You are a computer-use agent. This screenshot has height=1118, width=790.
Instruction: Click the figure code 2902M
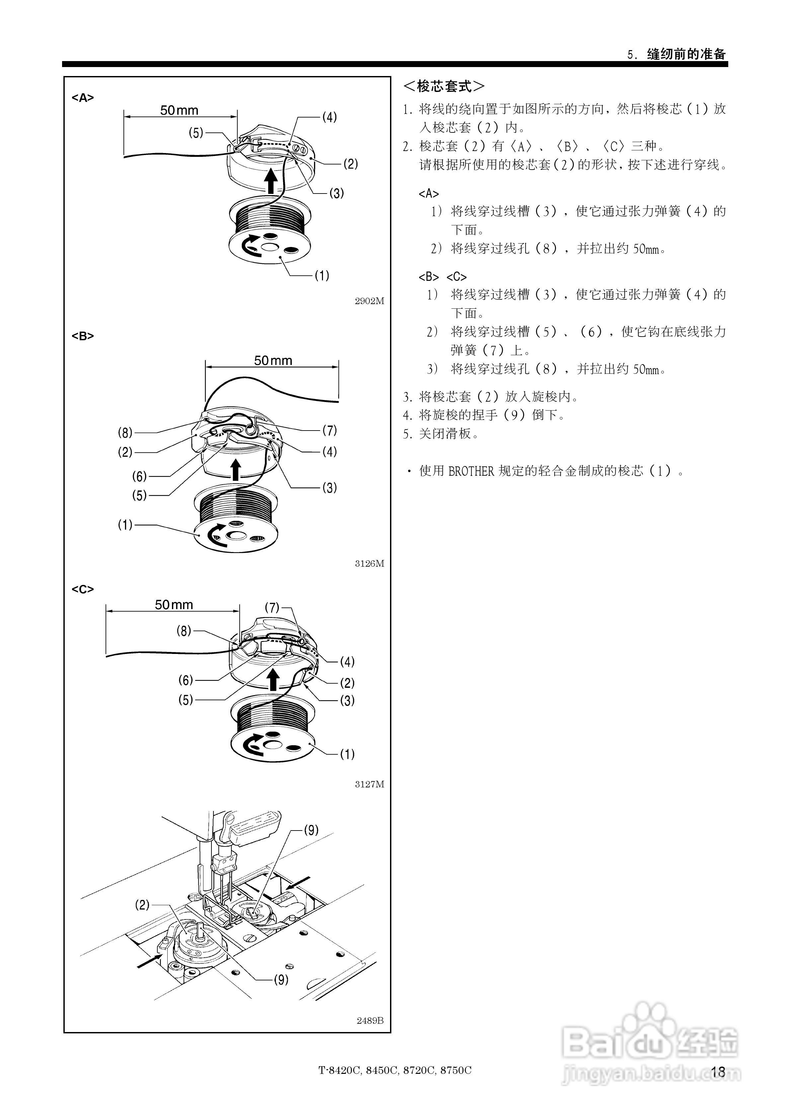pos(369,301)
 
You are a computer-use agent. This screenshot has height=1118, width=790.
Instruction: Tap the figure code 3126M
pos(369,563)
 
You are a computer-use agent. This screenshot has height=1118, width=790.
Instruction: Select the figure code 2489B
pos(370,1020)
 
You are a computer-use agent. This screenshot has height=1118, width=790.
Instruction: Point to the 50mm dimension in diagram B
pos(273,360)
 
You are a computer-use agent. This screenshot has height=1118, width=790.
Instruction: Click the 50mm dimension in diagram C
pos(174,605)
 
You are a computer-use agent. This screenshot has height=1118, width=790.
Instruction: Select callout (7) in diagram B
pos(329,431)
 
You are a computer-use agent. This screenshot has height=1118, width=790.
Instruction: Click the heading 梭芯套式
pos(444,87)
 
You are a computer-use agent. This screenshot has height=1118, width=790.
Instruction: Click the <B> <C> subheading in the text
pos(442,277)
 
